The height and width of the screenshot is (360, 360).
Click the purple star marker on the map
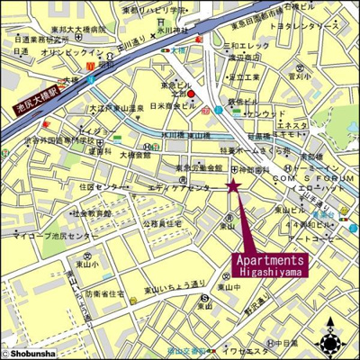coord(233,185)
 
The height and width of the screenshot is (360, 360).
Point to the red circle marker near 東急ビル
coord(203,89)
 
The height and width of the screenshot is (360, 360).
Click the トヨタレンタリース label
coord(305,26)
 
